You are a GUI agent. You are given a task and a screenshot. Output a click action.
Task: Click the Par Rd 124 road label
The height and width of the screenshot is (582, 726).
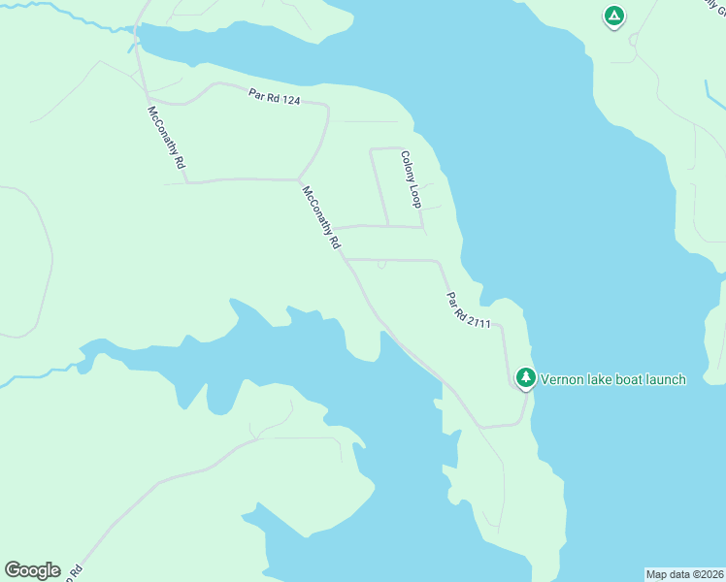[274, 99]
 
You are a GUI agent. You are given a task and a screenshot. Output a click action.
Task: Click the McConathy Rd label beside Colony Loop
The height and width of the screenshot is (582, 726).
[322, 218]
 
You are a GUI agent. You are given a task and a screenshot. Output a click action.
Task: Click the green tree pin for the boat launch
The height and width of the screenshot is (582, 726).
[525, 377]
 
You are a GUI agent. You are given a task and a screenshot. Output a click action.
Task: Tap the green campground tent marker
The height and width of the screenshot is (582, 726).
[613, 16]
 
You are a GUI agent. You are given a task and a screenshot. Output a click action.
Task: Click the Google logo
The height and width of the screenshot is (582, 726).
[32, 570]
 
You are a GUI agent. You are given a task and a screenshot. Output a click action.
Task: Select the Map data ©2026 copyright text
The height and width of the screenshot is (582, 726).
[685, 573]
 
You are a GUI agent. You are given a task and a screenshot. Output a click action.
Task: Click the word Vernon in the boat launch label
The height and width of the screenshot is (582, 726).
[562, 379]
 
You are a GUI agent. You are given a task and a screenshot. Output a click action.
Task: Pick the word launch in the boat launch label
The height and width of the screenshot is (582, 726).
[663, 379]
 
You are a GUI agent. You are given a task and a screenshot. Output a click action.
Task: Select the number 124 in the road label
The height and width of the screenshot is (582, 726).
[288, 100]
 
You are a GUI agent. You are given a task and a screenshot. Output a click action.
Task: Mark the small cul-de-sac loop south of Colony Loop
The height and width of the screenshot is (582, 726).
[381, 264]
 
